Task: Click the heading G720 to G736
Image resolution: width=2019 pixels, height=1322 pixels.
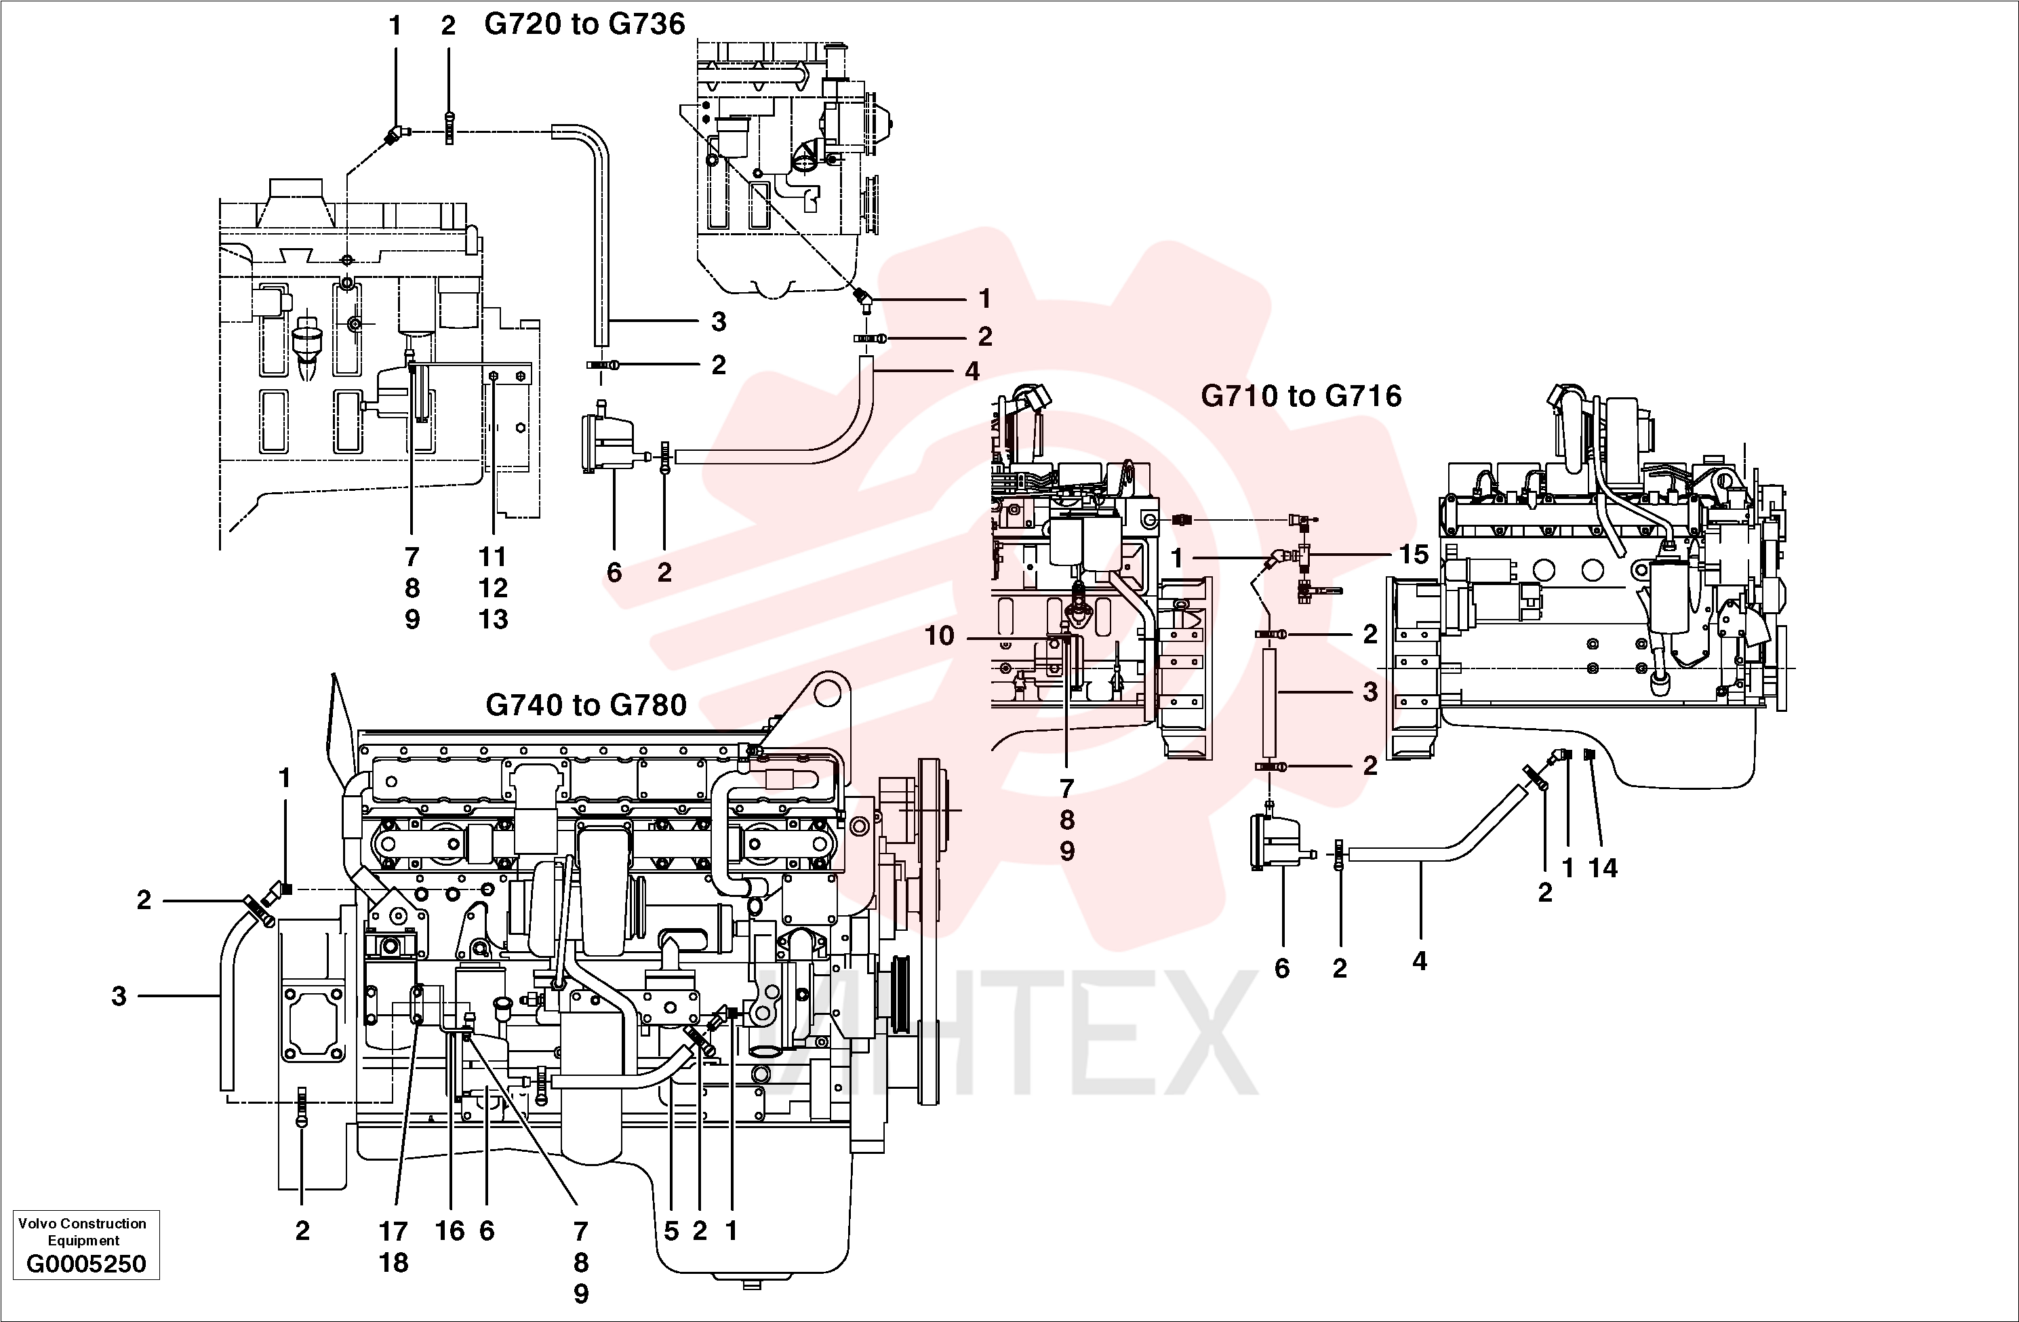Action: pyautogui.click(x=584, y=24)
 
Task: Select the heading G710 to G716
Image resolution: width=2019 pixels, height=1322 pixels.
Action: pyautogui.click(x=1301, y=395)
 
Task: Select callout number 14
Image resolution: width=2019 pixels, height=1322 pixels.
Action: pyautogui.click(x=1603, y=867)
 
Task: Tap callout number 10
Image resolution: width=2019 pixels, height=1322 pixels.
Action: pyautogui.click(x=939, y=635)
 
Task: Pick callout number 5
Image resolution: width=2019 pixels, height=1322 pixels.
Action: pyautogui.click(x=671, y=1231)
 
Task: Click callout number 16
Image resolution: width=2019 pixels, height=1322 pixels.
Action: pyautogui.click(x=449, y=1231)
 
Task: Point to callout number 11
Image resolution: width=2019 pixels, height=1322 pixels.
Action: pyautogui.click(x=493, y=557)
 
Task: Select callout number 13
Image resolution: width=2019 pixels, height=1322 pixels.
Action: pyautogui.click(x=493, y=620)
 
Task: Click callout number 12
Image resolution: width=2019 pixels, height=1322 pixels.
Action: pyautogui.click(x=493, y=588)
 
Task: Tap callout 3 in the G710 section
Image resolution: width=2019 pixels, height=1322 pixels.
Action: pyautogui.click(x=1370, y=692)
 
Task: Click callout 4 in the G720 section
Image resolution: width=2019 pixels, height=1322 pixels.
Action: pyautogui.click(x=972, y=371)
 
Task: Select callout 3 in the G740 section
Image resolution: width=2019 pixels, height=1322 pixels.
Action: pyautogui.click(x=119, y=996)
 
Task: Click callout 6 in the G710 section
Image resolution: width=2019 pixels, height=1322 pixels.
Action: pyautogui.click(x=1282, y=968)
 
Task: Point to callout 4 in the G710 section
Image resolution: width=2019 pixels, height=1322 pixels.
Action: pyautogui.click(x=1419, y=961)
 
